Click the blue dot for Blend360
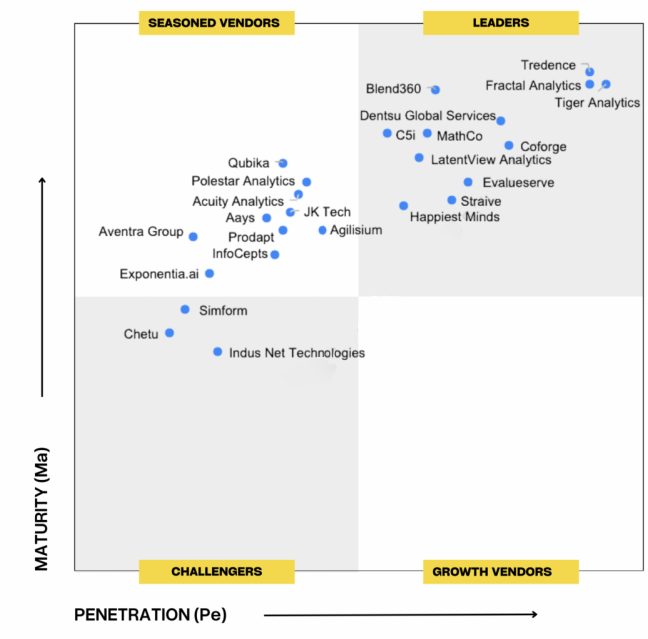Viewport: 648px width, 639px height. [x=436, y=90]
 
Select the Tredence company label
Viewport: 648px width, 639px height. [x=548, y=65]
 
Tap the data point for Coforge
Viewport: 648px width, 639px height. [x=509, y=146]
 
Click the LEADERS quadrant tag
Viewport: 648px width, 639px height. [x=501, y=22]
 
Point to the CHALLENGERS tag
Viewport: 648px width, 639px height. [x=216, y=572]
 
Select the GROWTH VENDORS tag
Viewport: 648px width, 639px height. [x=491, y=572]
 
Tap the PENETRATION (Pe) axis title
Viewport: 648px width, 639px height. [x=149, y=614]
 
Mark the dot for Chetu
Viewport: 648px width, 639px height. [x=170, y=333]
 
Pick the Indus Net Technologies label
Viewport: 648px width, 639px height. [x=297, y=353]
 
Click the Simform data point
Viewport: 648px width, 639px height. [x=185, y=310]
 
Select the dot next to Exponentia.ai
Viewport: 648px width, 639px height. [x=209, y=273]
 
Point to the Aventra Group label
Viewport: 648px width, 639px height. [x=140, y=232]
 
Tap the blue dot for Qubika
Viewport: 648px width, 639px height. [x=283, y=163]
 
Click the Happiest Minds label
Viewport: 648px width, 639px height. [x=455, y=217]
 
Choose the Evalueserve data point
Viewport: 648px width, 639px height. [x=468, y=182]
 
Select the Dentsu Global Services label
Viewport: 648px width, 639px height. [x=427, y=116]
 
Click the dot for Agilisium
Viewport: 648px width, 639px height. [x=323, y=230]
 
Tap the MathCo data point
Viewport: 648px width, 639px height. [x=427, y=133]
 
